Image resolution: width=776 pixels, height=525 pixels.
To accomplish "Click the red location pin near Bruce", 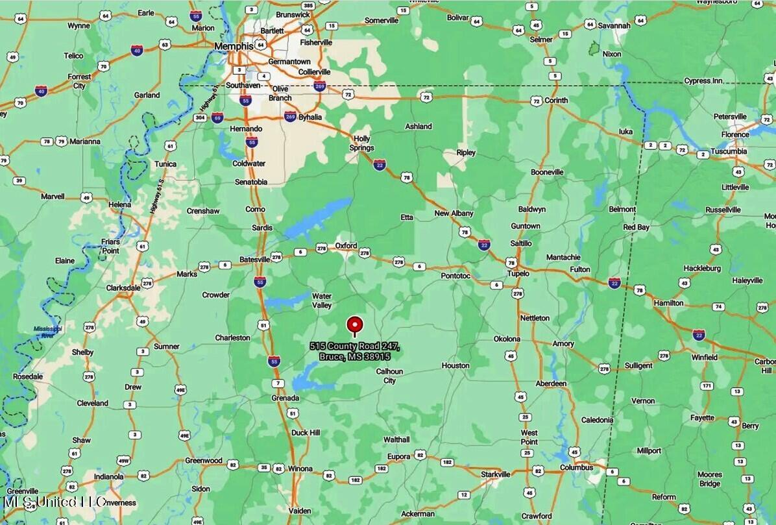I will click(354, 324).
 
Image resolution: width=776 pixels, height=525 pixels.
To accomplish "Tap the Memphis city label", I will click(234, 46).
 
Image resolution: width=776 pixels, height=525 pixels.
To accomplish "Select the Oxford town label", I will click(346, 246).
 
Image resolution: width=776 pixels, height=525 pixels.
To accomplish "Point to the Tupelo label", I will click(518, 273).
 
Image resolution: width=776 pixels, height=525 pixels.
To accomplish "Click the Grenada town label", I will click(285, 398).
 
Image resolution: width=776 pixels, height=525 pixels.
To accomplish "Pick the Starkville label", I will click(495, 474).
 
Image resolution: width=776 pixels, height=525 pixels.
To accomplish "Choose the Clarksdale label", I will click(123, 287).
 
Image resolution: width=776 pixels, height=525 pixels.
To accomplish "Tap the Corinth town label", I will click(555, 101).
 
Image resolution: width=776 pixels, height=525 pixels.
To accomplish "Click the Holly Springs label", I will click(361, 143).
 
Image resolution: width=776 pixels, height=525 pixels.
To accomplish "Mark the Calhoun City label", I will click(389, 376).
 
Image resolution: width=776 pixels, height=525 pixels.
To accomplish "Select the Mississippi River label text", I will click(48, 332).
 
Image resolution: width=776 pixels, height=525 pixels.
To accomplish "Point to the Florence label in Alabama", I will click(735, 135).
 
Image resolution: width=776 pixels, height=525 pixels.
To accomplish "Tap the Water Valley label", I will click(322, 300).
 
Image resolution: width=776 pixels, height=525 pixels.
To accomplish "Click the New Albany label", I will click(454, 214).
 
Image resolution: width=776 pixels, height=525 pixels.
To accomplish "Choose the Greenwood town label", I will click(204, 461).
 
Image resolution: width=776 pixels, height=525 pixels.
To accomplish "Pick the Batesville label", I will click(254, 260).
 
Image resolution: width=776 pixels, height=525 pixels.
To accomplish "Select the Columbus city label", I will click(576, 467).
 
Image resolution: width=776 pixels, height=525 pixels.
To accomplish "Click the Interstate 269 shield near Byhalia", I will click(290, 117).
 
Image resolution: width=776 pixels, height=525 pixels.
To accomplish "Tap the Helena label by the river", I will click(119, 204).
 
